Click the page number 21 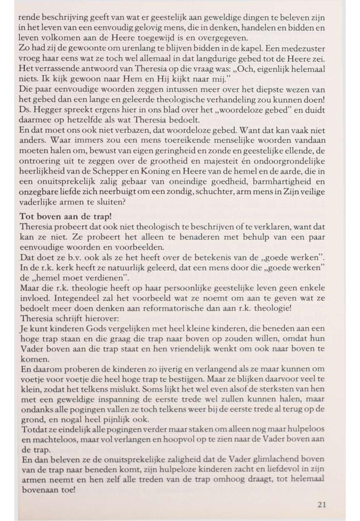pyautogui.click(x=321, y=504)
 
